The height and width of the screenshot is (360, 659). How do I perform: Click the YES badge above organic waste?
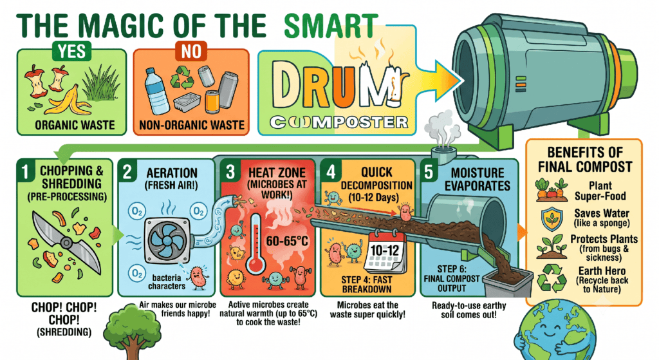[72, 52]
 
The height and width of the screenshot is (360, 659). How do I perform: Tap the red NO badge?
[191, 52]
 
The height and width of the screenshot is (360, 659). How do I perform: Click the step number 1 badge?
[26, 171]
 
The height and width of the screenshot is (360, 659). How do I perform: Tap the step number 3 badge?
[230, 171]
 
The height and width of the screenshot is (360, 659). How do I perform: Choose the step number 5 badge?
[429, 171]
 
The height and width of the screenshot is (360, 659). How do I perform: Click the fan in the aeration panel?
[167, 241]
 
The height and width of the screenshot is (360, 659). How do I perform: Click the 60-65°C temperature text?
[287, 242]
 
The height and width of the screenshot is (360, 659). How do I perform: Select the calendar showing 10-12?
[384, 252]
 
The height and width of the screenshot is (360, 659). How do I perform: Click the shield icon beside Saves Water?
[552, 219]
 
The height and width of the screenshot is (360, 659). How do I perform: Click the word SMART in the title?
[331, 26]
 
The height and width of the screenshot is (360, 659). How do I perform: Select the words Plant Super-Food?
[600, 191]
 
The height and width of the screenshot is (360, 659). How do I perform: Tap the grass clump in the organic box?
[100, 84]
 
